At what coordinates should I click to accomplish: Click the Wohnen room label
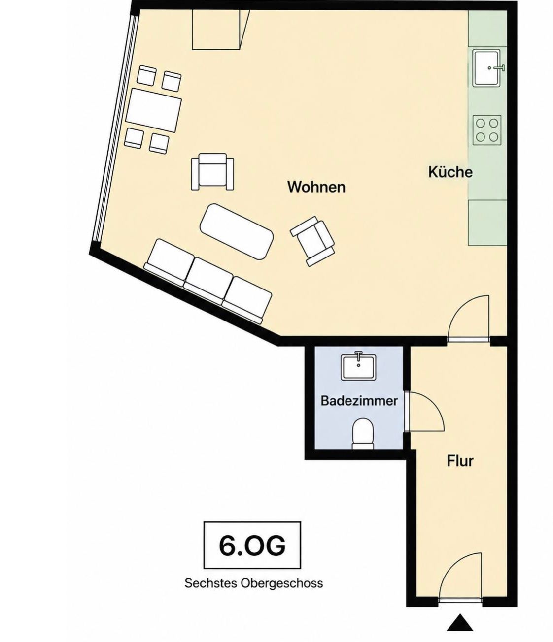coord(316,187)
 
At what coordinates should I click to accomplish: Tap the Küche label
coord(450,172)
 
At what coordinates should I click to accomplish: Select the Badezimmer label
coord(359,401)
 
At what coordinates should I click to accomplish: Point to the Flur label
coord(460,461)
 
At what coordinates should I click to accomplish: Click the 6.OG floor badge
coord(252,546)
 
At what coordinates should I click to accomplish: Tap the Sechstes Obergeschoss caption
coord(254,583)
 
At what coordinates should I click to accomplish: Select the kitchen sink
coord(487,67)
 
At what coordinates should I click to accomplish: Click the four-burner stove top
coord(487,130)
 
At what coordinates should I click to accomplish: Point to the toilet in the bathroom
coord(363,434)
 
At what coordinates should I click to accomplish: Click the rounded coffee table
coord(237,231)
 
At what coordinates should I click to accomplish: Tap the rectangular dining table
coord(154,110)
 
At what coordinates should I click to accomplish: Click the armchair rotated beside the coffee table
coord(312,241)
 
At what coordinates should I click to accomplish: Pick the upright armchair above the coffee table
coord(212,171)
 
